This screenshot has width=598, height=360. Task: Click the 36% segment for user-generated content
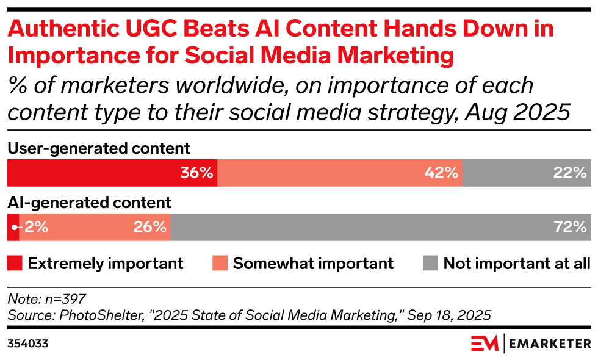[x=112, y=173]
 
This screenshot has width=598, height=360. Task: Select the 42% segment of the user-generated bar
[x=339, y=173]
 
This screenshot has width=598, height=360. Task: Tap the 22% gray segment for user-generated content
[x=527, y=173]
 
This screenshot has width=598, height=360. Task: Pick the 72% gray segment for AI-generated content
[x=381, y=227]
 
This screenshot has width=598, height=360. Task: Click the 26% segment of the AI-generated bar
[x=95, y=227]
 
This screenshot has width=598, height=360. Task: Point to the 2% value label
[x=37, y=227]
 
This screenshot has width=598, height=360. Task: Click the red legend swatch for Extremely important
[x=15, y=264]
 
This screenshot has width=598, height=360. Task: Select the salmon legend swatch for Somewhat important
[x=220, y=264]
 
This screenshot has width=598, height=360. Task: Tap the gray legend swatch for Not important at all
[x=430, y=264]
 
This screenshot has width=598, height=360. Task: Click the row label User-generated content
[x=98, y=148]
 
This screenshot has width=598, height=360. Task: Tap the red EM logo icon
[x=484, y=344]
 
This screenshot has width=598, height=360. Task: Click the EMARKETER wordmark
[x=549, y=344]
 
